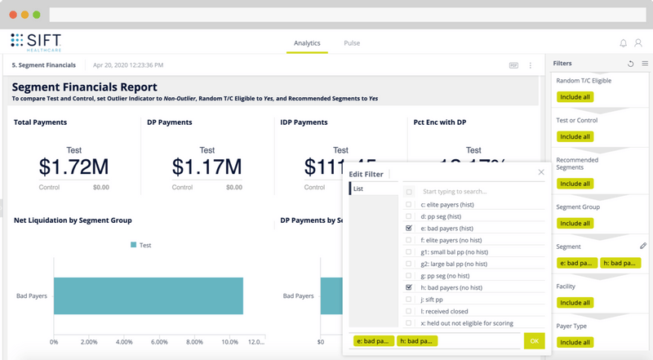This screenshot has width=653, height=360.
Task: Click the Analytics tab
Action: click(x=307, y=43)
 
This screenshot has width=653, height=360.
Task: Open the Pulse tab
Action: click(x=352, y=43)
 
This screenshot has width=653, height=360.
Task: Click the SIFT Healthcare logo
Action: click(x=38, y=42)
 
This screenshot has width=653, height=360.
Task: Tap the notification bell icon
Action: click(x=624, y=43)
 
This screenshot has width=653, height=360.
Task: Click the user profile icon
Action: click(x=641, y=43)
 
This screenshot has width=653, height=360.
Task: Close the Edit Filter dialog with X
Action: click(x=541, y=172)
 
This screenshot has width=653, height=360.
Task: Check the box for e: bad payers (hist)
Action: click(x=409, y=229)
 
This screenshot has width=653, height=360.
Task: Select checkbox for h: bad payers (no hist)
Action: click(x=409, y=288)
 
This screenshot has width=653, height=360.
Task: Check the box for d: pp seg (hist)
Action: click(x=409, y=217)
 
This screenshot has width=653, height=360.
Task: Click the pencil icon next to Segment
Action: click(x=643, y=246)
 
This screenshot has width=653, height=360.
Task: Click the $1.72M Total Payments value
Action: click(x=73, y=167)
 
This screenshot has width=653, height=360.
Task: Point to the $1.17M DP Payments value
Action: click(x=207, y=167)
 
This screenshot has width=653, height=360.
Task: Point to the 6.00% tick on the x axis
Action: click(x=160, y=342)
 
